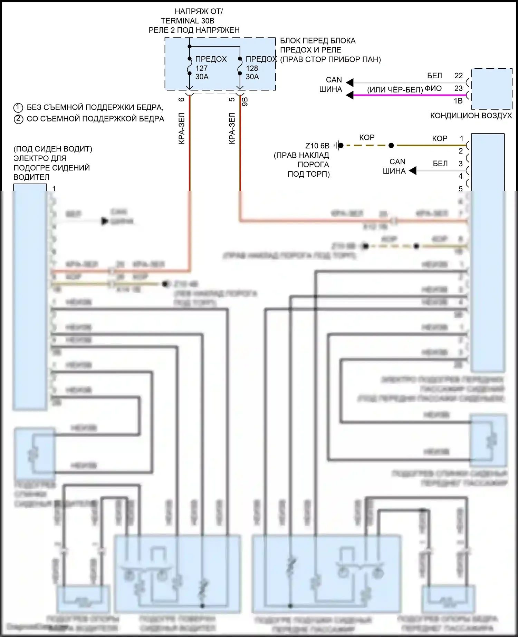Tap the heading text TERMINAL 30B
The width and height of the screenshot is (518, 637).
(x=188, y=21)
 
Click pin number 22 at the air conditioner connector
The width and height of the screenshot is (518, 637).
(x=458, y=76)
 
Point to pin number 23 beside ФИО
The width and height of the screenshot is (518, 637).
(x=458, y=88)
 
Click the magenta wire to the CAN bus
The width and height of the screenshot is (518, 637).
(x=407, y=95)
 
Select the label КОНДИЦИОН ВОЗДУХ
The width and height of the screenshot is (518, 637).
(x=471, y=116)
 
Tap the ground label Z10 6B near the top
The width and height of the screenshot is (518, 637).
(x=317, y=146)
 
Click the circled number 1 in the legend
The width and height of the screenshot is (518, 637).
(x=18, y=108)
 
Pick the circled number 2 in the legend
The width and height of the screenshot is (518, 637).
(x=18, y=119)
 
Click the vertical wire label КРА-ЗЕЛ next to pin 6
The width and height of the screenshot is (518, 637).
(x=182, y=128)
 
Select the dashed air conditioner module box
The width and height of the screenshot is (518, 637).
(x=492, y=89)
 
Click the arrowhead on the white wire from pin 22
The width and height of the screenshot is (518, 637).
(x=350, y=83)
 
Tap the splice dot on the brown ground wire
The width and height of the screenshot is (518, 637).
(x=391, y=146)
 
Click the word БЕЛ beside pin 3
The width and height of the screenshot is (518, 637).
(x=440, y=164)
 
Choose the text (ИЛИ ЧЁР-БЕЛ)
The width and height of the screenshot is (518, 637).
(x=395, y=90)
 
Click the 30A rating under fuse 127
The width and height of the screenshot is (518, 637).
(x=202, y=77)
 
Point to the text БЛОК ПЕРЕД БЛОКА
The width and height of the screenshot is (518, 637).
(x=317, y=41)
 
